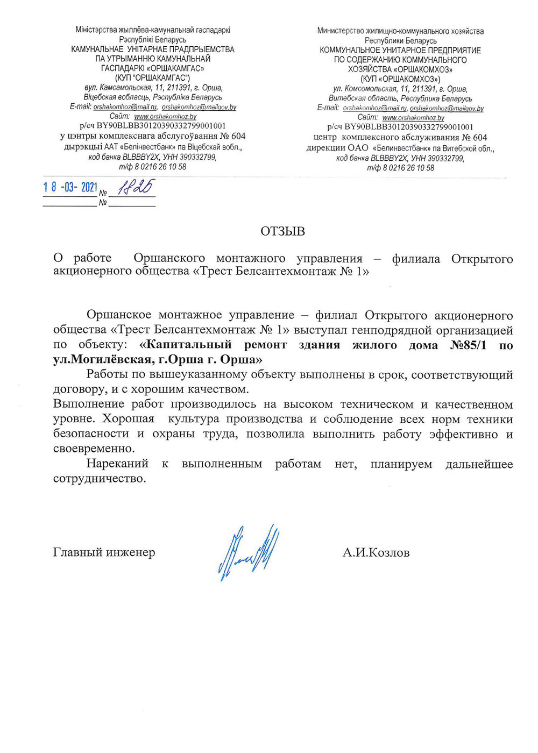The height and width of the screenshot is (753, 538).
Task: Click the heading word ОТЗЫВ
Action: (x=282, y=232)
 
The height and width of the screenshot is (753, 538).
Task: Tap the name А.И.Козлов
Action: (x=376, y=552)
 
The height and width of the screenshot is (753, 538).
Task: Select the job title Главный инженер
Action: (x=104, y=552)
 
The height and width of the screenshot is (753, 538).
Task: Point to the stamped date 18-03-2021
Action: (x=70, y=187)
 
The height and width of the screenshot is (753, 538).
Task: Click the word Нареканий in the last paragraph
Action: (x=117, y=464)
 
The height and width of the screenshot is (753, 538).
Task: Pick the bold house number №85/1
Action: (x=468, y=345)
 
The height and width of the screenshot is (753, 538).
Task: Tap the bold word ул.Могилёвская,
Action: (x=101, y=359)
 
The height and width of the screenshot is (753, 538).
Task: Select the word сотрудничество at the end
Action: (x=99, y=479)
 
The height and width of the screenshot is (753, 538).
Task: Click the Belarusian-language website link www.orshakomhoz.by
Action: (x=165, y=116)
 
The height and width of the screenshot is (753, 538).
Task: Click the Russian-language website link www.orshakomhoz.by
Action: (x=413, y=117)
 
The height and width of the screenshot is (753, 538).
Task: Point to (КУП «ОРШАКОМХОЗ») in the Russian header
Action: (x=400, y=79)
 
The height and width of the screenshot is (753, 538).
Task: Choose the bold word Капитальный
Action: (x=185, y=345)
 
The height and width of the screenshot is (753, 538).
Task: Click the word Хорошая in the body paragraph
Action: (x=128, y=419)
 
